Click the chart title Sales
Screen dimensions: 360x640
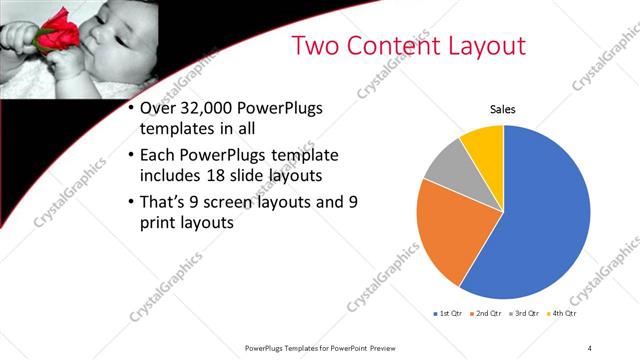(502, 111)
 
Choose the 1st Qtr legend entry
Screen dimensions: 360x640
(447, 314)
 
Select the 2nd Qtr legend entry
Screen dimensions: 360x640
(486, 314)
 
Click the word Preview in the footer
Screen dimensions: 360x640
(383, 348)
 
